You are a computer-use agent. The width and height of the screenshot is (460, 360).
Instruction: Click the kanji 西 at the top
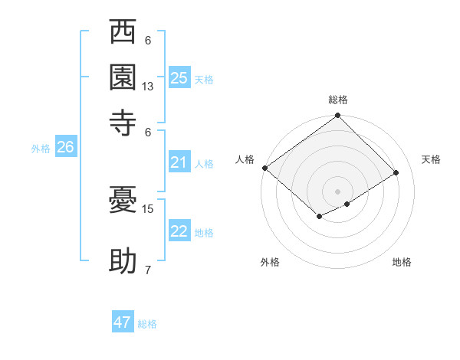point(123,34)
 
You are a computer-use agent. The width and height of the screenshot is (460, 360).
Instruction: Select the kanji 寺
point(123,123)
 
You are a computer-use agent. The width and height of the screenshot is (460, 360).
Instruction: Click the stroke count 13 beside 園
point(148,87)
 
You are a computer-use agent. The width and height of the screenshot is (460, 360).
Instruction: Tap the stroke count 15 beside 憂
point(148,208)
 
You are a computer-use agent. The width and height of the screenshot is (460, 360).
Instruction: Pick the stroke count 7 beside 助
point(148,270)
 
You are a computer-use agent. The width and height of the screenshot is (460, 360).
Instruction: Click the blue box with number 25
point(179,77)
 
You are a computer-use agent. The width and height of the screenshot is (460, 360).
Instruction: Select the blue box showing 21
point(179,162)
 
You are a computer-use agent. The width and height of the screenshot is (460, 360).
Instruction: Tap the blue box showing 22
point(179,231)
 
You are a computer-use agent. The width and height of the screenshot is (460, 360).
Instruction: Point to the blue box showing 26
point(65,148)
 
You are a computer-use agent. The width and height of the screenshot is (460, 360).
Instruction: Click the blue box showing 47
point(123,322)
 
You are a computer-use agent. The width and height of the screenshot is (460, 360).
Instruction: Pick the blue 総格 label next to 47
point(148,324)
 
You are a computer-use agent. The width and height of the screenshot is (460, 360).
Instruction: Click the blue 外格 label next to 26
point(41,149)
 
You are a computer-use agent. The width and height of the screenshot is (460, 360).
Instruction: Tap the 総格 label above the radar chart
point(338,100)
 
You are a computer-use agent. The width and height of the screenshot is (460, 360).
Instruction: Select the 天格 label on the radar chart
point(431,159)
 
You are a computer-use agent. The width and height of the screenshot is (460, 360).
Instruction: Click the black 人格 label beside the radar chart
point(245,159)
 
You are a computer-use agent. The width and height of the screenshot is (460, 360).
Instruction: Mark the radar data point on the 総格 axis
point(338,116)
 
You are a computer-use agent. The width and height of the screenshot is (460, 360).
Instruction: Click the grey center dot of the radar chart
point(338,191)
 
